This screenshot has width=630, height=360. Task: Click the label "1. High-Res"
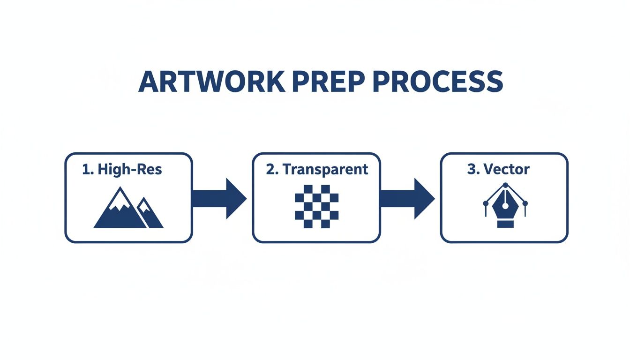[122, 170]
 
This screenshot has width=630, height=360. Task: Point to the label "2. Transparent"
[317, 169]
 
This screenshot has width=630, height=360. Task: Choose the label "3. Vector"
[498, 169]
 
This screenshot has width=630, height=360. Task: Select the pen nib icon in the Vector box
[504, 206]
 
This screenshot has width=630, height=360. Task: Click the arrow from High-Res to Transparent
[219, 198]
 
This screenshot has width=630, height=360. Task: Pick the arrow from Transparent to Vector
[406, 198]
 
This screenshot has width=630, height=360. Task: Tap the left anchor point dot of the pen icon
[485, 203]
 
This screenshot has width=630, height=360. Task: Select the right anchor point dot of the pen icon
[525, 203]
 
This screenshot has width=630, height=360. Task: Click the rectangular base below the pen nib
[504, 225]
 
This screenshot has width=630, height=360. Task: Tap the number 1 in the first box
[85, 170]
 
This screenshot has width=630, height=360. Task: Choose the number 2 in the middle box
[270, 169]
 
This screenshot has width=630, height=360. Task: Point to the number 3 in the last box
[471, 169]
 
